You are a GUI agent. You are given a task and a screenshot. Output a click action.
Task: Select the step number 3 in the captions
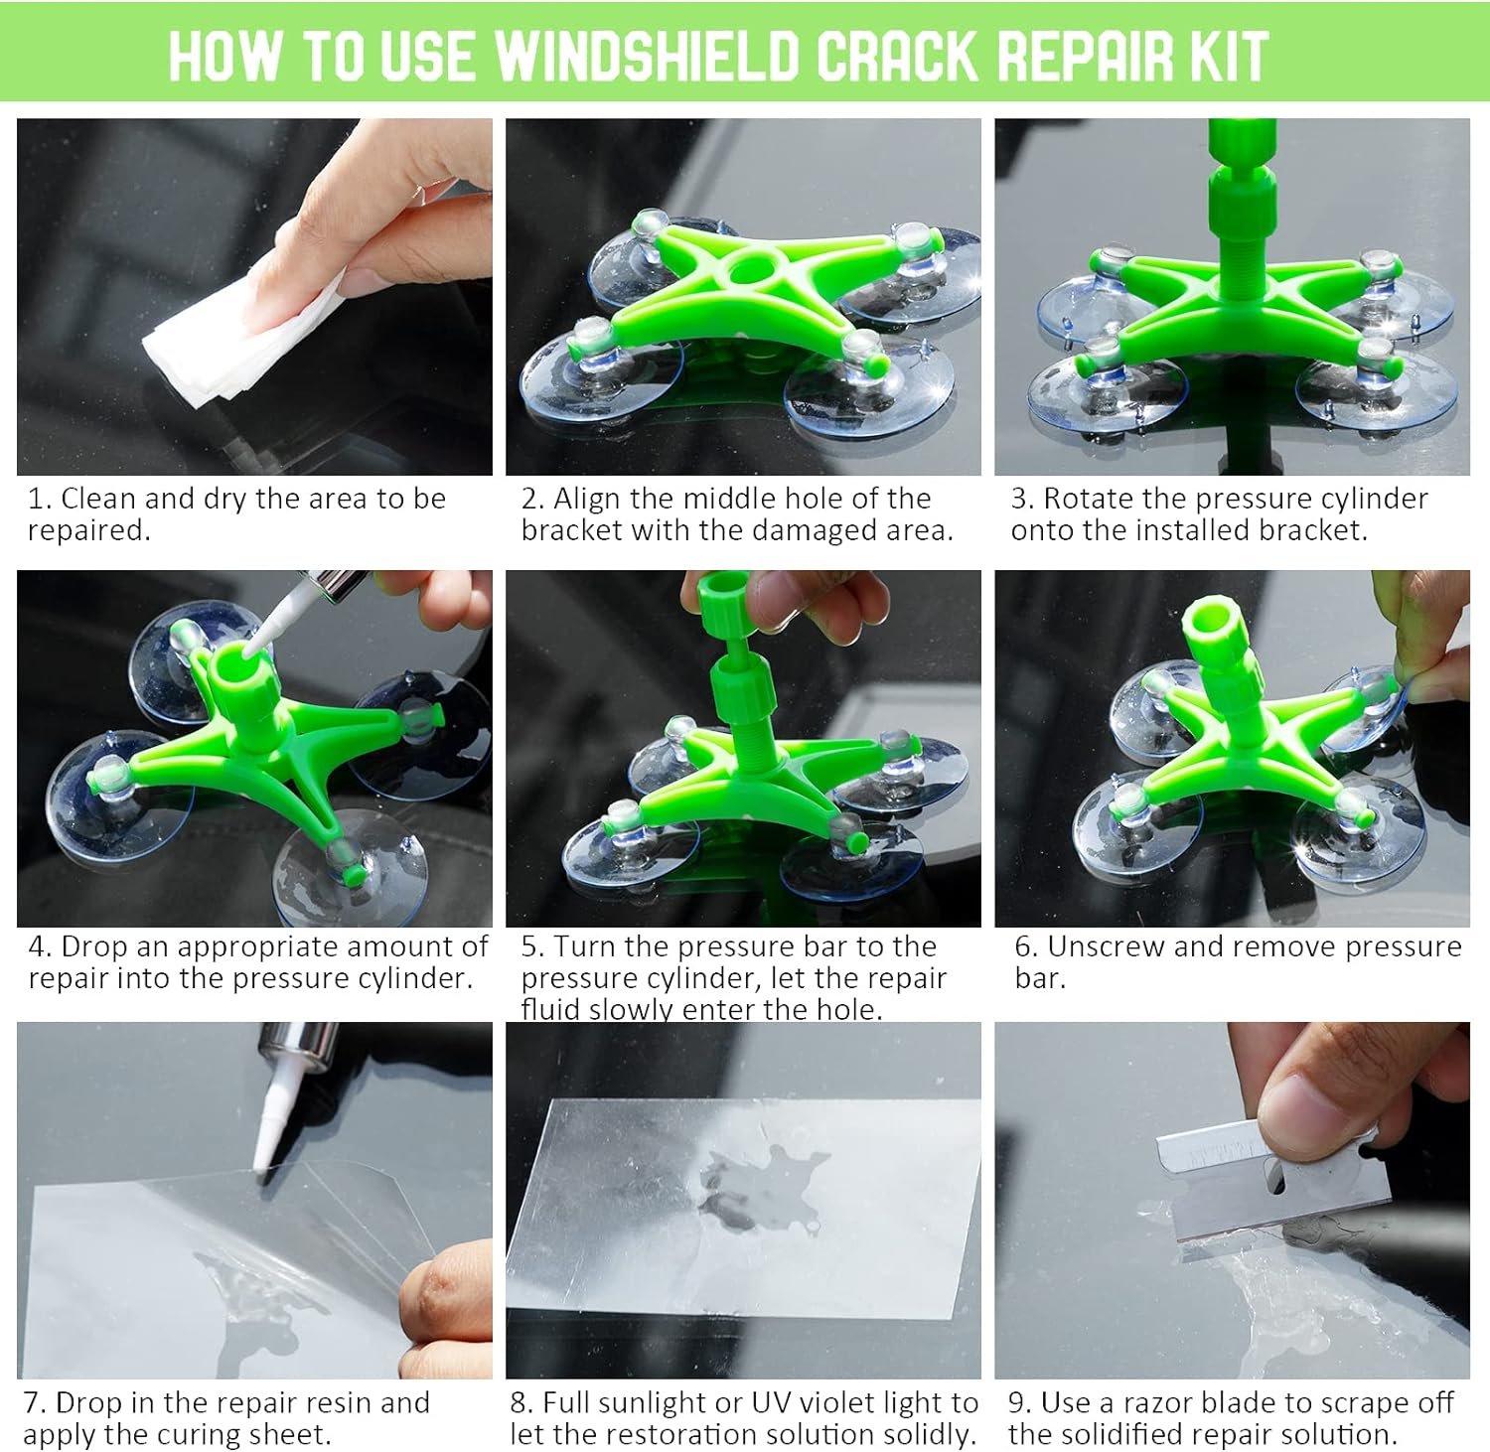tap(1019, 499)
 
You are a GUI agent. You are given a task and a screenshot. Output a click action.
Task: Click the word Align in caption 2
tap(591, 500)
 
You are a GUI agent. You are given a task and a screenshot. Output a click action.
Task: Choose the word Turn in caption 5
tap(586, 947)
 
